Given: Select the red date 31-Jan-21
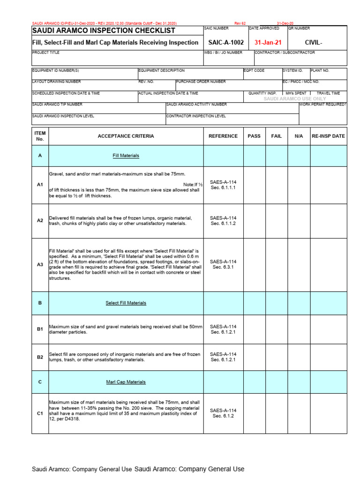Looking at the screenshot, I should click(x=268, y=43).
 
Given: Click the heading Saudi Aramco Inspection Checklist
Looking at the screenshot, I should click(x=104, y=31).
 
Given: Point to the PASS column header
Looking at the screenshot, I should click(x=254, y=136).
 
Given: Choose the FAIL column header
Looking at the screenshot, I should click(x=277, y=136).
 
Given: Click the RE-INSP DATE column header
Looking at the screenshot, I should click(x=329, y=136).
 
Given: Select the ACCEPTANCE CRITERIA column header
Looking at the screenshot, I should click(x=126, y=136).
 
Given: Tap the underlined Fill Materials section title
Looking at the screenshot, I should click(x=126, y=156).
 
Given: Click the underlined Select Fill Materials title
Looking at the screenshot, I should click(x=126, y=303).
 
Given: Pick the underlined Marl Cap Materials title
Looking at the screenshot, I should click(x=126, y=382).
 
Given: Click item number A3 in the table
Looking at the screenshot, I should click(x=40, y=265).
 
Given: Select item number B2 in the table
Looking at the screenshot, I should click(x=40, y=357).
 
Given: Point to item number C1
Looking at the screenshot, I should click(x=40, y=413).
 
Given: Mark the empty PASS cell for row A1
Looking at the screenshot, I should click(x=254, y=185).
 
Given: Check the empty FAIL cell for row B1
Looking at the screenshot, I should click(x=277, y=329).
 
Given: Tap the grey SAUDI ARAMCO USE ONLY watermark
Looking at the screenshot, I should click(x=295, y=99).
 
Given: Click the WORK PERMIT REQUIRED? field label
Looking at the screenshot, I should click(x=323, y=105).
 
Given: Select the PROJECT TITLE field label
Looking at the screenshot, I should click(x=46, y=53).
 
